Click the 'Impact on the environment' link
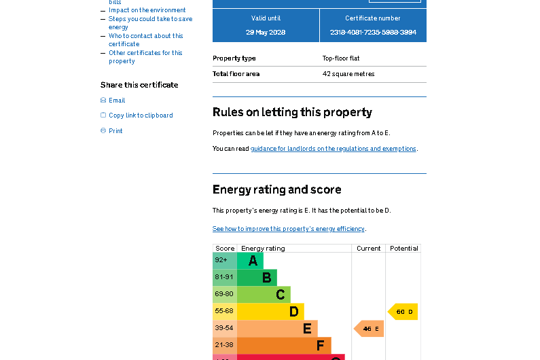(x=147, y=10)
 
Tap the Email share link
(x=117, y=101)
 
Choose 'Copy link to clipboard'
(x=141, y=115)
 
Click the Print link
(x=115, y=131)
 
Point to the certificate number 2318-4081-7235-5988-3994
(x=373, y=33)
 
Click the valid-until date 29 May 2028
(x=266, y=33)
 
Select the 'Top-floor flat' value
(x=341, y=58)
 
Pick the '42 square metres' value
(x=348, y=74)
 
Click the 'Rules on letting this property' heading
(x=292, y=112)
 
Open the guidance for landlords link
(x=333, y=149)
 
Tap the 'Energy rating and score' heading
(x=276, y=190)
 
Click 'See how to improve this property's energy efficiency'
(x=288, y=229)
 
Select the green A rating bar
(x=250, y=261)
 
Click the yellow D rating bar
(x=270, y=312)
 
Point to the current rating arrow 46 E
(x=370, y=329)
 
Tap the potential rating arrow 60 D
(x=403, y=312)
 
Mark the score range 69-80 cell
(x=224, y=294)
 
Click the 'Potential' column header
(x=403, y=249)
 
